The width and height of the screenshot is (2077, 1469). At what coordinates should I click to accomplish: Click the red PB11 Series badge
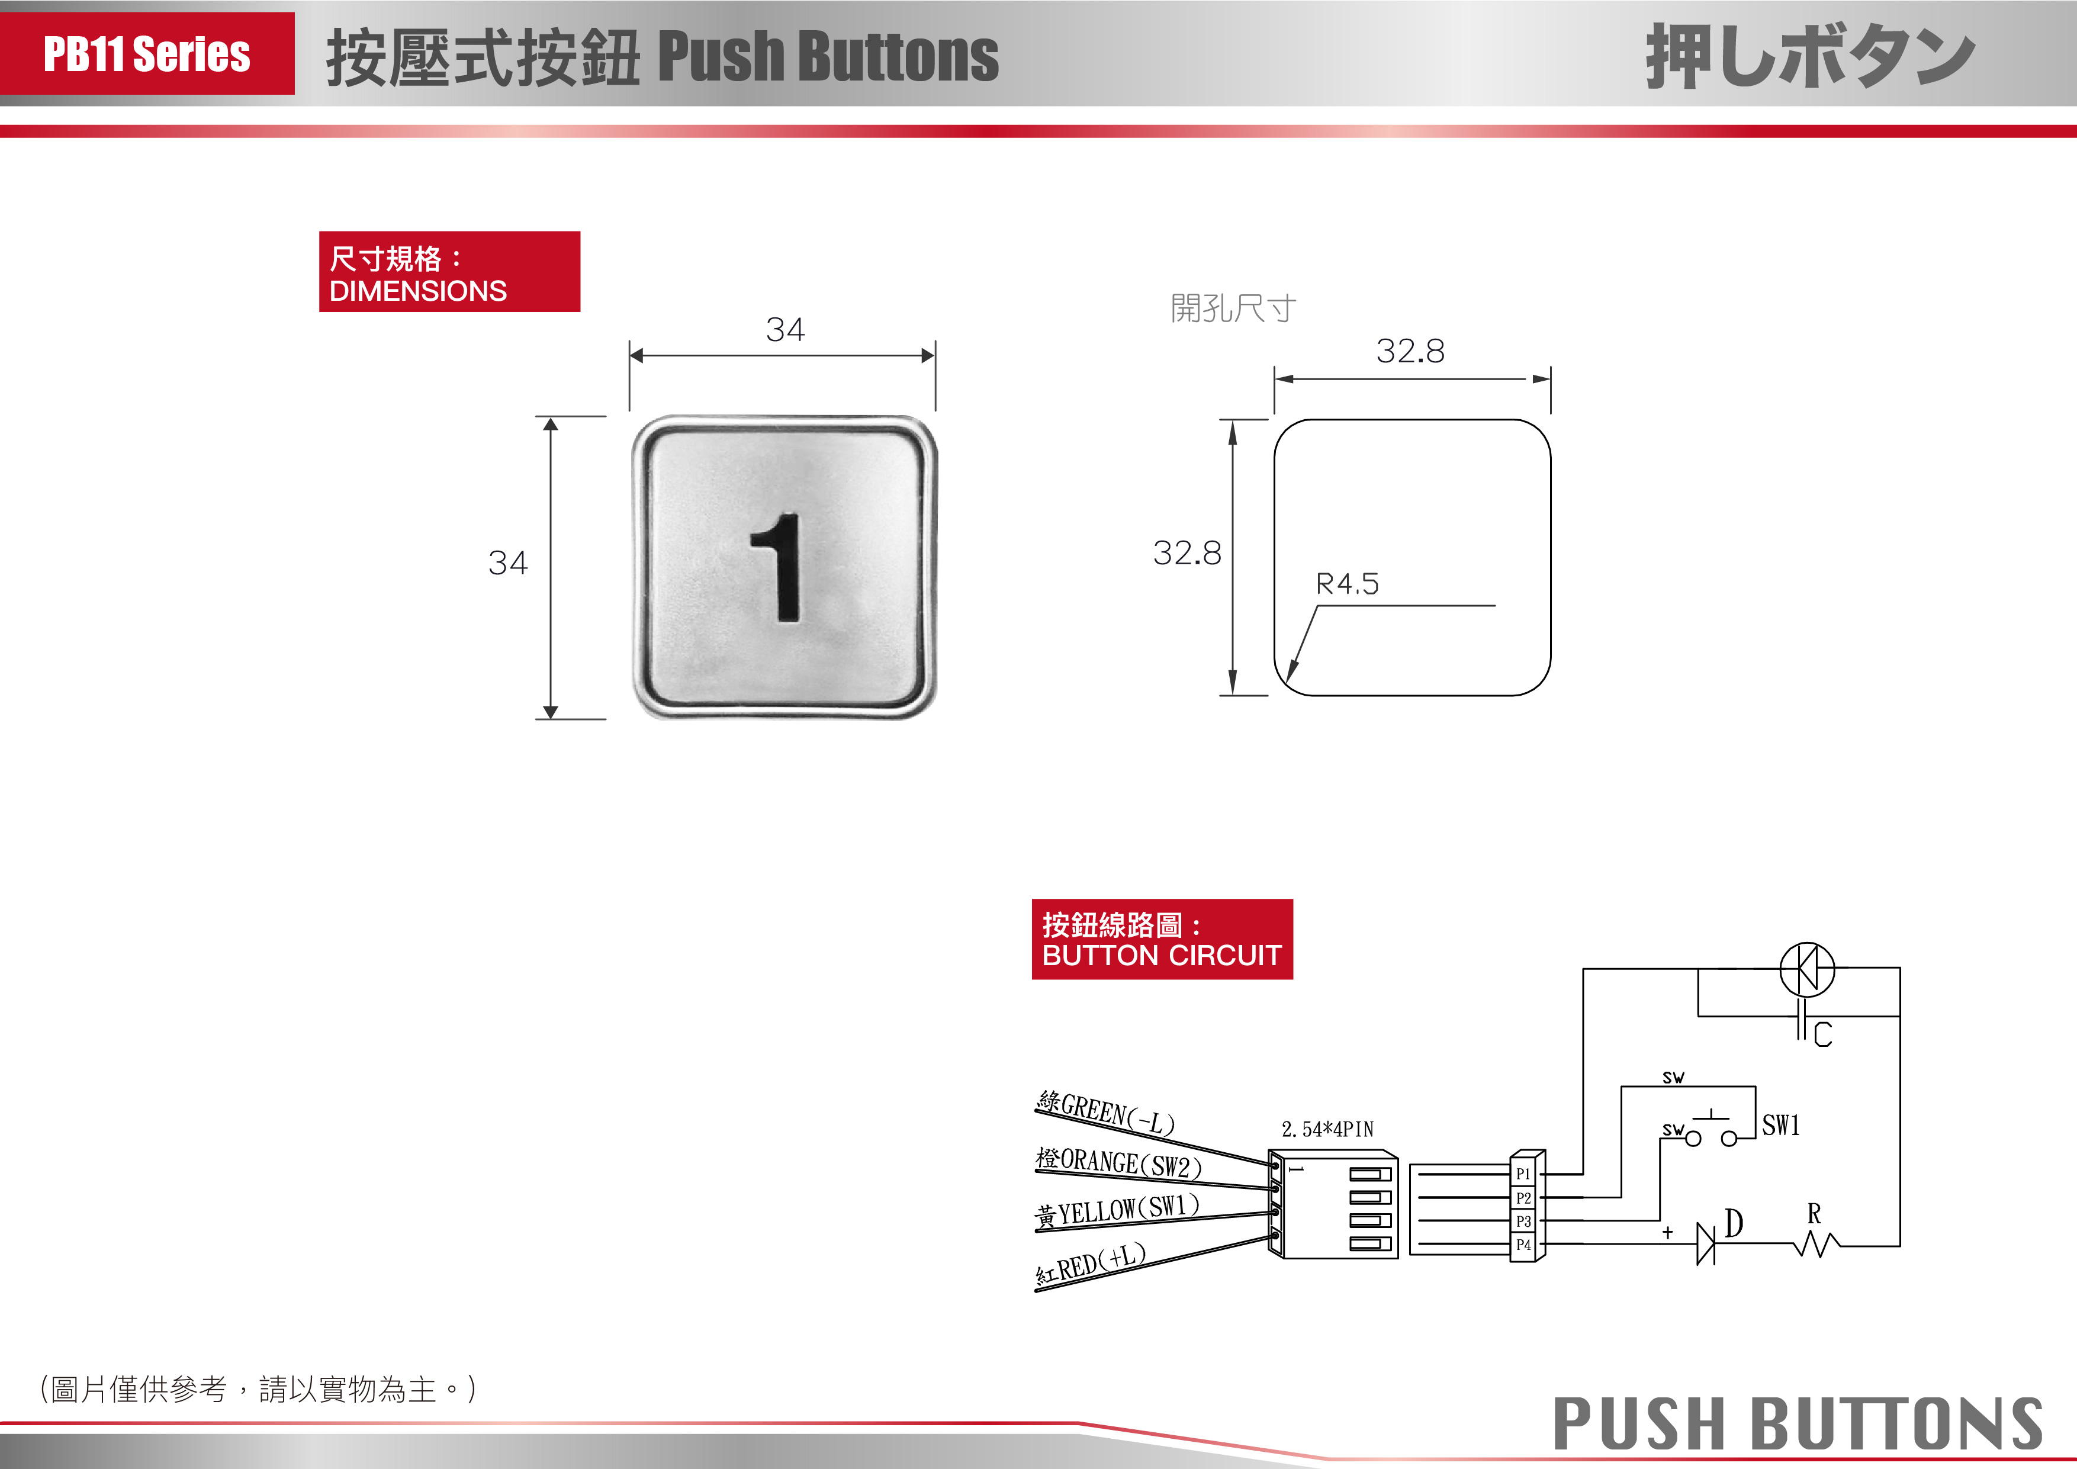(147, 53)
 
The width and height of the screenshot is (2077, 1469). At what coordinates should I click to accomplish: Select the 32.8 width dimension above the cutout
(1410, 351)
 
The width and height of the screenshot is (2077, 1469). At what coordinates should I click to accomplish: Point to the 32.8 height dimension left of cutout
(1187, 552)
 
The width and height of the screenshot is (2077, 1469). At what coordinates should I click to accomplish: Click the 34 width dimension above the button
(784, 329)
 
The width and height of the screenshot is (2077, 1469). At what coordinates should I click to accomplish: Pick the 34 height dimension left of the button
(507, 562)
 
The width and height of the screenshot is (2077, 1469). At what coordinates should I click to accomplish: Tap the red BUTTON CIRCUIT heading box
(1162, 939)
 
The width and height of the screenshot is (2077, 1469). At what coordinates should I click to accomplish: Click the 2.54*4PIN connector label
(1327, 1129)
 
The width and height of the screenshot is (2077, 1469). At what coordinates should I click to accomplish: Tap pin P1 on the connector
(1523, 1173)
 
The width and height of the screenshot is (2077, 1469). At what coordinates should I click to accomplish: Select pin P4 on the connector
(1523, 1245)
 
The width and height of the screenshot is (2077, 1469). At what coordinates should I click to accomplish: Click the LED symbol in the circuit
(1806, 969)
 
